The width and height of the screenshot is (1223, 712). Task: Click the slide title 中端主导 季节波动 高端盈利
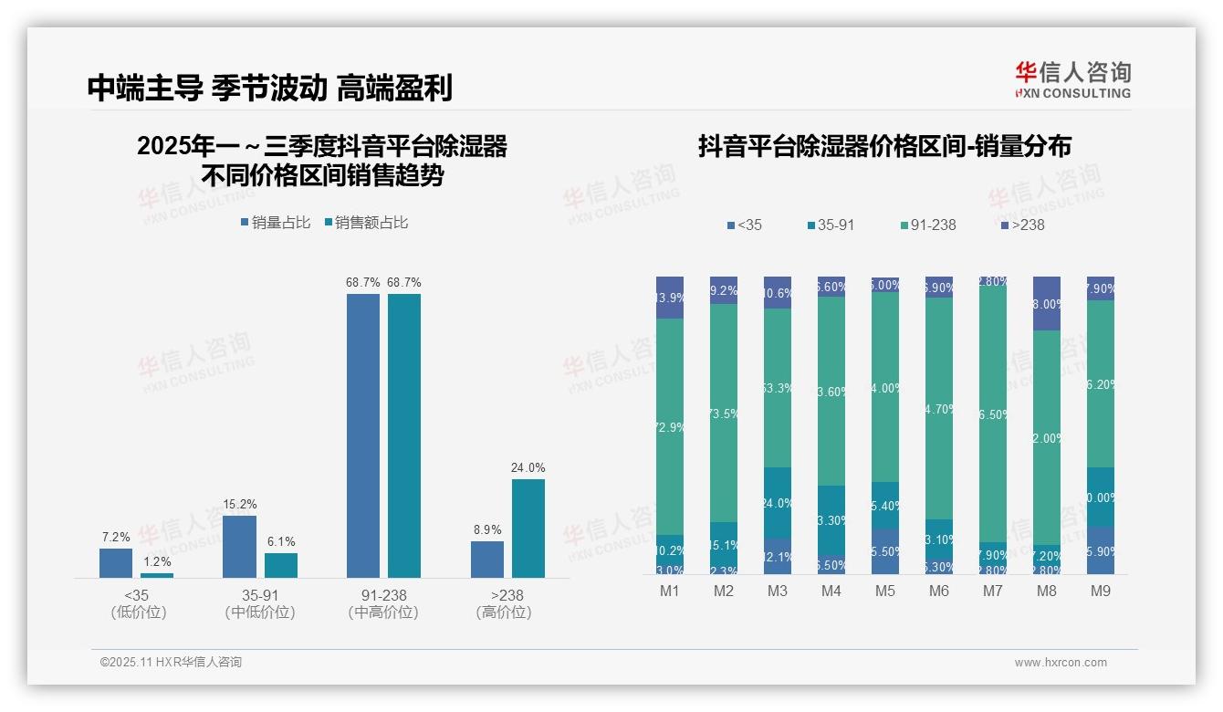tap(269, 88)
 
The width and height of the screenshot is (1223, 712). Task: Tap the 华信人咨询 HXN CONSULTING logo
tap(1072, 80)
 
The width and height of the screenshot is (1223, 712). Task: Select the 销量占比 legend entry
tap(275, 223)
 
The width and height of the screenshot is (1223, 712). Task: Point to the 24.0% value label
tap(528, 468)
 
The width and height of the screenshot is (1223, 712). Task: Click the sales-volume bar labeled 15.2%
tap(239, 546)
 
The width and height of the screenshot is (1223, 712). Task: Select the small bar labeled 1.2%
tap(157, 575)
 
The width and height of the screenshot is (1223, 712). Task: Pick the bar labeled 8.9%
tap(487, 559)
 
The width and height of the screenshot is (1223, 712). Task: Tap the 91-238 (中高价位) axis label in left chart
tap(383, 603)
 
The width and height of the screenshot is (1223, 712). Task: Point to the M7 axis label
tap(993, 592)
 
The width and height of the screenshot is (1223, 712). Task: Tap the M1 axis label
tap(670, 592)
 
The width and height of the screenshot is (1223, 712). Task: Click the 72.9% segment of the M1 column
tap(670, 426)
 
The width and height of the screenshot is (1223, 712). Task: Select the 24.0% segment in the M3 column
tap(778, 502)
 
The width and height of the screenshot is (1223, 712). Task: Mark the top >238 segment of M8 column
tap(1047, 303)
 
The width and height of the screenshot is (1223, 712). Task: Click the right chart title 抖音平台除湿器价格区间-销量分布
tap(884, 147)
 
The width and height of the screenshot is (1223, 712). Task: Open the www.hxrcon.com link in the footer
tap(1060, 663)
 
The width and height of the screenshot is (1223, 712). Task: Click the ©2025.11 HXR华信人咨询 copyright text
tap(171, 663)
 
